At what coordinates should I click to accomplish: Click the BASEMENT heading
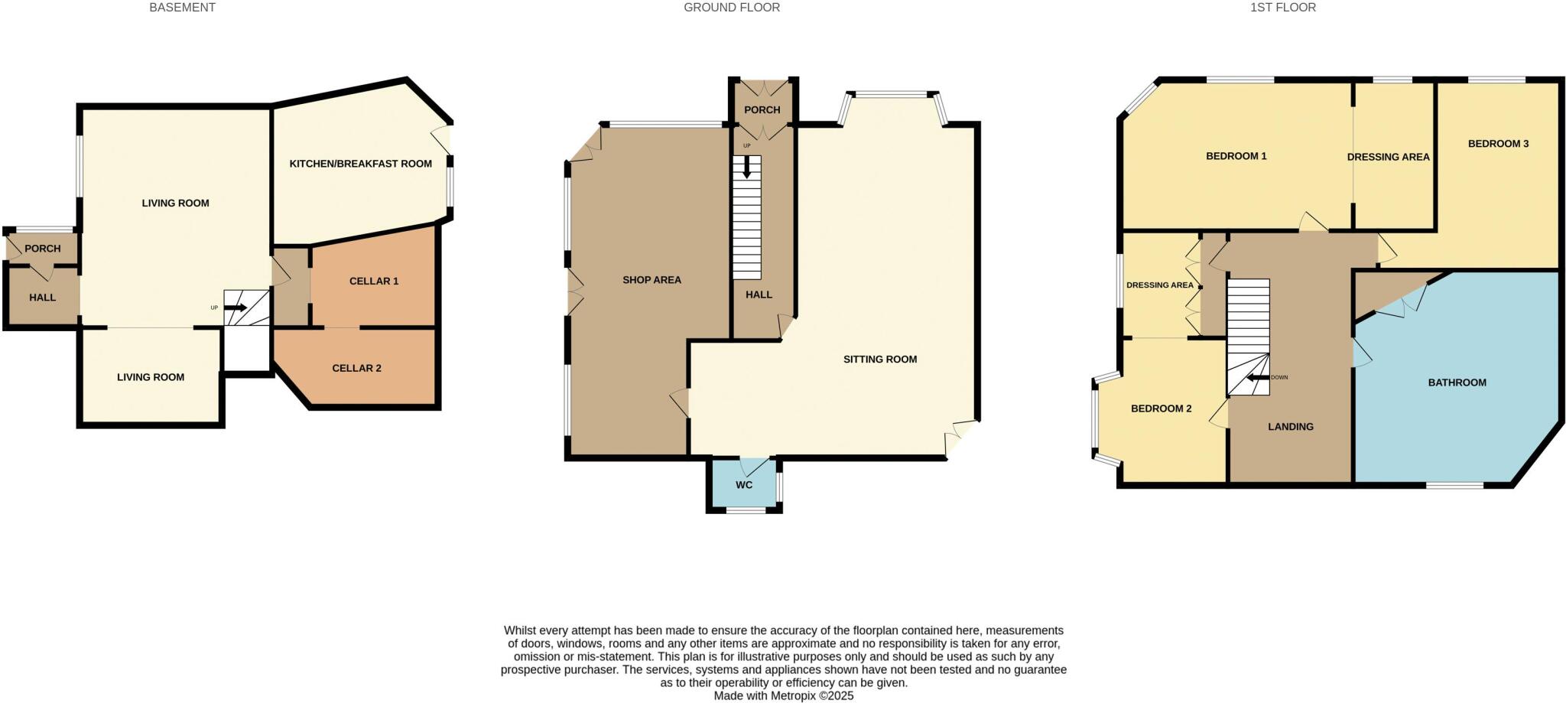(182, 8)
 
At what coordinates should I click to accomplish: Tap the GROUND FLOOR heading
(731, 8)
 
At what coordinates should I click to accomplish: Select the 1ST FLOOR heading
(1293, 8)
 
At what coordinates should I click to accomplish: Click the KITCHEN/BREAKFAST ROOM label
(360, 164)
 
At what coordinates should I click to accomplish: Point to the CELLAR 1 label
(374, 281)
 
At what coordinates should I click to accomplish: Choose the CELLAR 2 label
(356, 368)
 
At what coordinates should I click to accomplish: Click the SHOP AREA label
(651, 280)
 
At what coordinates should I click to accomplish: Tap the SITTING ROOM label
(879, 359)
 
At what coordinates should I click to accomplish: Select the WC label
(744, 485)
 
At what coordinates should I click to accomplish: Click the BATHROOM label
(1457, 382)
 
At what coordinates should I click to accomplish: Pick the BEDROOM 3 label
(1498, 144)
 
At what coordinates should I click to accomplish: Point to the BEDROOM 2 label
(1161, 408)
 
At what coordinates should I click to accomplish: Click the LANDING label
(1290, 427)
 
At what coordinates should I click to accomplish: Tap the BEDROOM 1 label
(1236, 156)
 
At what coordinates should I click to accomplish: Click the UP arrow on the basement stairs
(235, 308)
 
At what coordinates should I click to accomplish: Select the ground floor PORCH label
(762, 110)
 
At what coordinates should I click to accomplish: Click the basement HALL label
(43, 297)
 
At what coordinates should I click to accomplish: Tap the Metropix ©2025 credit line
(783, 696)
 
